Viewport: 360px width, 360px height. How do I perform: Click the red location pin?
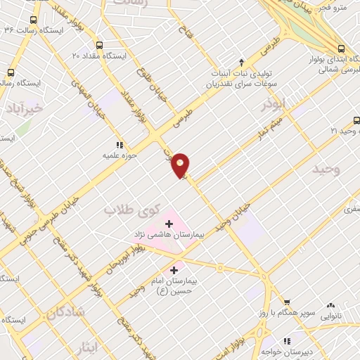pos(181,165)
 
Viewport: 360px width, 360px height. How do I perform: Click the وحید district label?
pos(327,169)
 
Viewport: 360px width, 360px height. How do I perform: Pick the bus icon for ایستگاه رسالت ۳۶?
pos(32,20)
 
